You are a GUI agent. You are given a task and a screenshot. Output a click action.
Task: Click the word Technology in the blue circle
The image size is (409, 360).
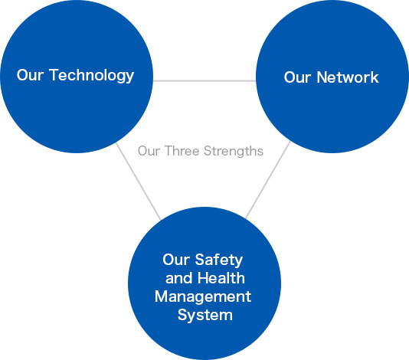click(92, 76)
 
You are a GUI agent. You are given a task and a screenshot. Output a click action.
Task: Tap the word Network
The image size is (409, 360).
click(348, 77)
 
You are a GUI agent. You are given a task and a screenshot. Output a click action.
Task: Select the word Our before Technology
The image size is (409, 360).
click(30, 75)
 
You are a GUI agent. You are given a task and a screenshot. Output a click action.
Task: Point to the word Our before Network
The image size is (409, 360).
click(297, 77)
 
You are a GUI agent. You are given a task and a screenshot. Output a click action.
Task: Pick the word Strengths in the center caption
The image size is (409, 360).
click(234, 152)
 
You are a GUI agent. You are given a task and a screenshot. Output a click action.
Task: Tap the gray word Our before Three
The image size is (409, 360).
click(149, 151)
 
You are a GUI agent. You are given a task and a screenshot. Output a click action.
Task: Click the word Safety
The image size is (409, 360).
click(219, 260)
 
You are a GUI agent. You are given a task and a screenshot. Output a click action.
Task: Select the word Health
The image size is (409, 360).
click(221, 278)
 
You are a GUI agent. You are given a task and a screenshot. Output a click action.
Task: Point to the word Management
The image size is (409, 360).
click(203, 296)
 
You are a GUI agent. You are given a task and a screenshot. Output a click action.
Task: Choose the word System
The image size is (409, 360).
click(205, 316)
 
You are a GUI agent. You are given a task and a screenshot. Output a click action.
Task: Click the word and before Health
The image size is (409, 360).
click(180, 278)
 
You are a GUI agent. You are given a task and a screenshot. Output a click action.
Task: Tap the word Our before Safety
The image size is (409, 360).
click(176, 260)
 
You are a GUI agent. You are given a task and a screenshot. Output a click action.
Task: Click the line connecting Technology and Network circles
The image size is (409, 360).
click(204, 81)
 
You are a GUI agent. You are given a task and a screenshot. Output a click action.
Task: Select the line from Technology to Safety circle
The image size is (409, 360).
click(138, 182)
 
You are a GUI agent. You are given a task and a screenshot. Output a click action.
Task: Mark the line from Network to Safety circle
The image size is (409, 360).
click(268, 180)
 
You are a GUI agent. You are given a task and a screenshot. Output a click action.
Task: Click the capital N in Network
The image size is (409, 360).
click(322, 77)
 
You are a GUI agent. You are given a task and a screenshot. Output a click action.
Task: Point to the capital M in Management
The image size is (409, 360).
click(162, 296)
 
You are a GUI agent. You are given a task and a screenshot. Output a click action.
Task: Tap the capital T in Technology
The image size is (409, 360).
click(54, 75)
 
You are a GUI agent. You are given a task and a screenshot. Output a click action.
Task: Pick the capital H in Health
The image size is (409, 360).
click(204, 278)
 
